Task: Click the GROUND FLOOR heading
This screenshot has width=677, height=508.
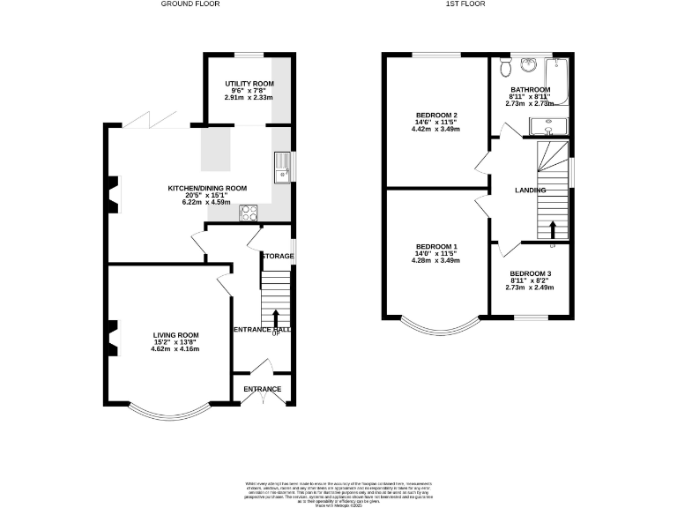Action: tap(190, 4)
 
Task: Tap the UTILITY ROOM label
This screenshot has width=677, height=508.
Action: tap(249, 82)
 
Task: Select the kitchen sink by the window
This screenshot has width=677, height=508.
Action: tap(283, 166)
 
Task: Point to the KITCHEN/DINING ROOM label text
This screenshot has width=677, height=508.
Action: tap(207, 188)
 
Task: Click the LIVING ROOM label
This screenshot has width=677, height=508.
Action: tap(176, 335)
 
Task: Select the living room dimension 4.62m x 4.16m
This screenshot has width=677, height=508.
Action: tap(176, 349)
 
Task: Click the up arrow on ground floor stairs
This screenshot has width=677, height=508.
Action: tap(276, 317)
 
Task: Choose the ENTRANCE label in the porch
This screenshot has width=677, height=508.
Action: tap(263, 389)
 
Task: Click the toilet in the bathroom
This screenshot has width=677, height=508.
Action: tap(505, 67)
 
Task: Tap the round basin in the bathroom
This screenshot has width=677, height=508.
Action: tap(529, 65)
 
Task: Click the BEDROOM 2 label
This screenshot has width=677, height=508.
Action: tap(436, 116)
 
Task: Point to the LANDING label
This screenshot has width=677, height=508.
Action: tap(531, 190)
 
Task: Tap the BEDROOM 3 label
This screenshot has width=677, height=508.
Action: tap(531, 273)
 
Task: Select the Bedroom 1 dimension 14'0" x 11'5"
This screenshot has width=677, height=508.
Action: tap(436, 254)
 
